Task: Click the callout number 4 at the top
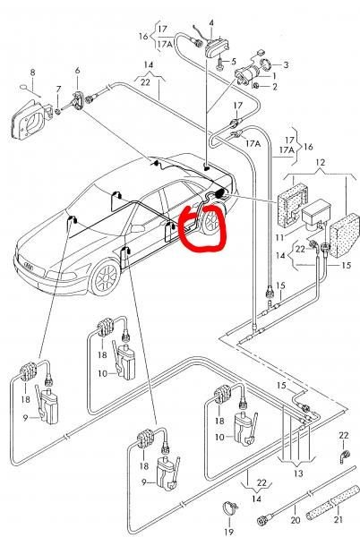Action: tap(211, 21)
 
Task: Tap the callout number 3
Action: tap(286, 66)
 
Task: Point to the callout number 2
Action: tap(274, 87)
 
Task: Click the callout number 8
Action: tap(33, 71)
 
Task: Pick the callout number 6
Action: tap(77, 71)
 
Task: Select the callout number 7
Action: tap(58, 89)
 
